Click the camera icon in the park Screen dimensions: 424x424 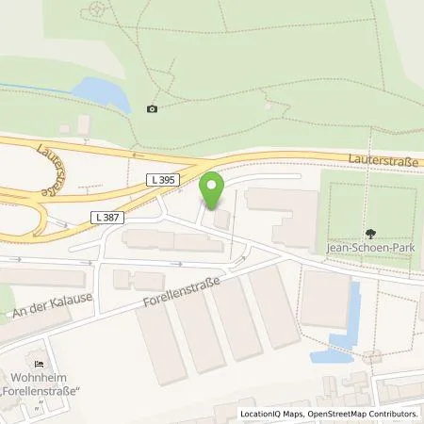click(x=153, y=108)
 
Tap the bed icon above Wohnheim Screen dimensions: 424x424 click(x=38, y=364)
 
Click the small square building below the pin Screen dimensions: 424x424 click(x=220, y=219)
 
